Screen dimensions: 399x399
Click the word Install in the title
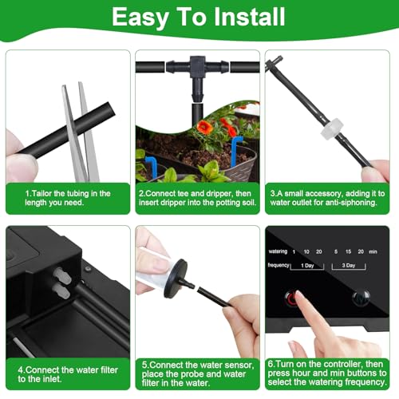250,17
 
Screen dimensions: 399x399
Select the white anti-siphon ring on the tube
332,128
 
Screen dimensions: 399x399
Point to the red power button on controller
291,298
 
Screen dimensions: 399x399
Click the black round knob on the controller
361,297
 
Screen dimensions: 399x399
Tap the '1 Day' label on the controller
307,266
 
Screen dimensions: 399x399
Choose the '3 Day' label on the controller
349,266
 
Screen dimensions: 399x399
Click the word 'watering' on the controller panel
278,251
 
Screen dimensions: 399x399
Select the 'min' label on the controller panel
373,251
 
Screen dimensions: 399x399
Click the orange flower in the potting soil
204,127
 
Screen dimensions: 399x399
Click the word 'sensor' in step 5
239,365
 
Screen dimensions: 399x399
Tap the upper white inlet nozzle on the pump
62,275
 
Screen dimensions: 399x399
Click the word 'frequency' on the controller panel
279,265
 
